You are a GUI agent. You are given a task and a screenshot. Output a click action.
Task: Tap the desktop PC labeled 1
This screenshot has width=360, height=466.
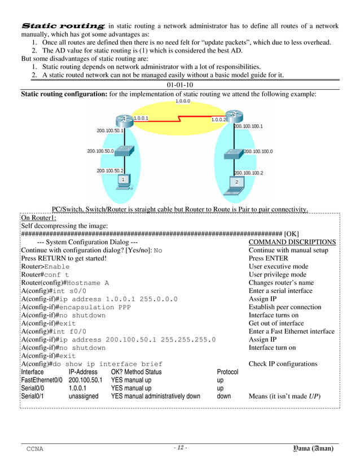121,180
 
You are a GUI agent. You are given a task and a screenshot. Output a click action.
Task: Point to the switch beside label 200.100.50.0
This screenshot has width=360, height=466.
124,151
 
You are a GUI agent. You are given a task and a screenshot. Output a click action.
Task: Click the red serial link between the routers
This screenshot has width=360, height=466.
181,119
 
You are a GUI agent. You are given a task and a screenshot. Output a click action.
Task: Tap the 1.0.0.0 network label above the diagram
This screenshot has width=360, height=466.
183,102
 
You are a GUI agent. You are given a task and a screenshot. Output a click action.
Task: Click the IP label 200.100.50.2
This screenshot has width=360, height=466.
109,170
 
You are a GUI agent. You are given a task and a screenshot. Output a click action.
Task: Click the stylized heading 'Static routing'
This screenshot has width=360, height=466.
62,26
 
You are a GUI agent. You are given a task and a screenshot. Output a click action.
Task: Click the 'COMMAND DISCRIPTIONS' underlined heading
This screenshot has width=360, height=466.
292,242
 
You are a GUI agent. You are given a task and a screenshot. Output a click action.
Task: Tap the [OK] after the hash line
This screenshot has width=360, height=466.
292,234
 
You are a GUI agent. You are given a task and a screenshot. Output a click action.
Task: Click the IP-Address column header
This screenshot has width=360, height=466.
83,372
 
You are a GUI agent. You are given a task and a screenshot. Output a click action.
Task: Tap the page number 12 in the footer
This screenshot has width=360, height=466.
180,448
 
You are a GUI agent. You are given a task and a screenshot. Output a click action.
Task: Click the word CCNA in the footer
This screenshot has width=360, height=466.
35,449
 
